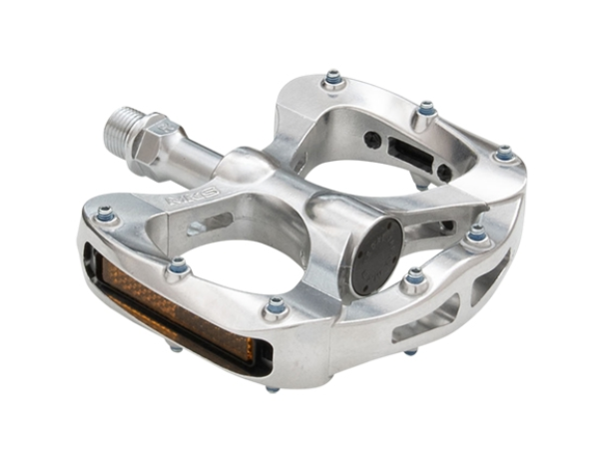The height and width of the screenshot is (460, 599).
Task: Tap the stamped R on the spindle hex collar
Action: [x=165, y=130]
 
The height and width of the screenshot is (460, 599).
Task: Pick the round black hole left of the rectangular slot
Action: [x=372, y=140]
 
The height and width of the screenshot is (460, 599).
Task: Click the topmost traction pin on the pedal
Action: [x=333, y=78]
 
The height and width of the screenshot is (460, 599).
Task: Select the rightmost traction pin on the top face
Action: [x=504, y=155]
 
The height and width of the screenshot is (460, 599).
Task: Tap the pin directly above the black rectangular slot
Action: [x=426, y=109]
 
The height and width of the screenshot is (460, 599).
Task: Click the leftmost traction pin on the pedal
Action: [x=105, y=214]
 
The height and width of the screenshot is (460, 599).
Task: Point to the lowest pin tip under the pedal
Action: [x=273, y=388]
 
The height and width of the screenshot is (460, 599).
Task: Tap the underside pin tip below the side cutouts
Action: [x=409, y=351]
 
